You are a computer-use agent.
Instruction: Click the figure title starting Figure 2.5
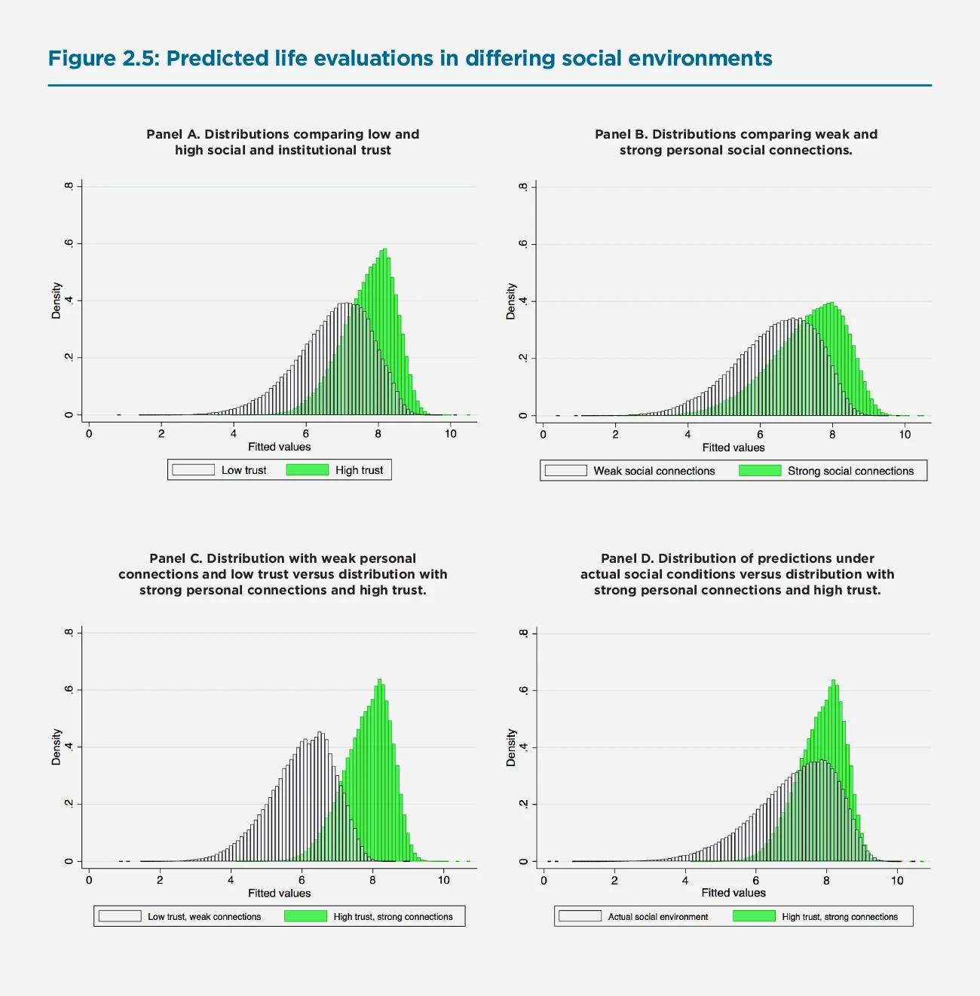click(410, 59)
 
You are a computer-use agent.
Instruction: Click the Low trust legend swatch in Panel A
click(194, 470)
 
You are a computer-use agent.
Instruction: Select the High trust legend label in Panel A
click(359, 470)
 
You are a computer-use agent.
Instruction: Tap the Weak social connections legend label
click(654, 471)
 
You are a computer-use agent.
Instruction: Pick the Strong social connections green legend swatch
click(760, 471)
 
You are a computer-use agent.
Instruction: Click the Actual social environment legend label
click(657, 917)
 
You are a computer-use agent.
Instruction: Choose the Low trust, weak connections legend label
click(204, 917)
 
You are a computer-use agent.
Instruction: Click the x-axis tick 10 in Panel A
click(451, 434)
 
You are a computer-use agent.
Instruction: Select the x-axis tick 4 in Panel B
click(688, 435)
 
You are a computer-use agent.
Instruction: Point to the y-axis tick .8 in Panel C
click(69, 632)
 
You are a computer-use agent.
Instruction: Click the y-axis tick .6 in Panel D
click(523, 690)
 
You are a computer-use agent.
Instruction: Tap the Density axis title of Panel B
click(511, 301)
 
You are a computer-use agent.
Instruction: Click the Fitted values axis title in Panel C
click(280, 894)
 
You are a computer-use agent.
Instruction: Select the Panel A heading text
click(283, 142)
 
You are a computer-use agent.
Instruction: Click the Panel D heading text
click(737, 574)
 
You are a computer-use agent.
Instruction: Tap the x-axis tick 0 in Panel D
click(544, 881)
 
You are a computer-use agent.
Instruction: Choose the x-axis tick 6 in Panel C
click(302, 880)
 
